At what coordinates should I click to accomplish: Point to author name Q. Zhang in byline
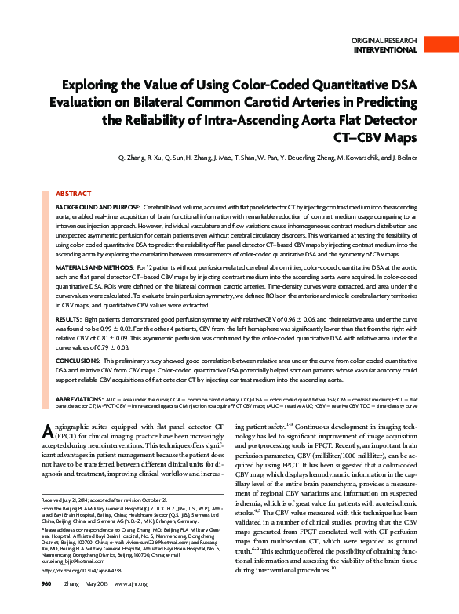click(130, 158)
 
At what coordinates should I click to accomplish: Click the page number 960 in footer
click(46, 606)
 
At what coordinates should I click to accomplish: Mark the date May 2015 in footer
click(99, 606)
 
